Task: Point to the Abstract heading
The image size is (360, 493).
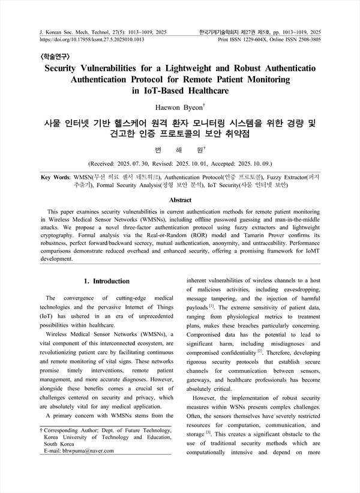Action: [x=180, y=200]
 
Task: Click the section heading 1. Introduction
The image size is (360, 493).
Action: [x=107, y=281]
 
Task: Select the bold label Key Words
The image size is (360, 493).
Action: [x=53, y=178]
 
